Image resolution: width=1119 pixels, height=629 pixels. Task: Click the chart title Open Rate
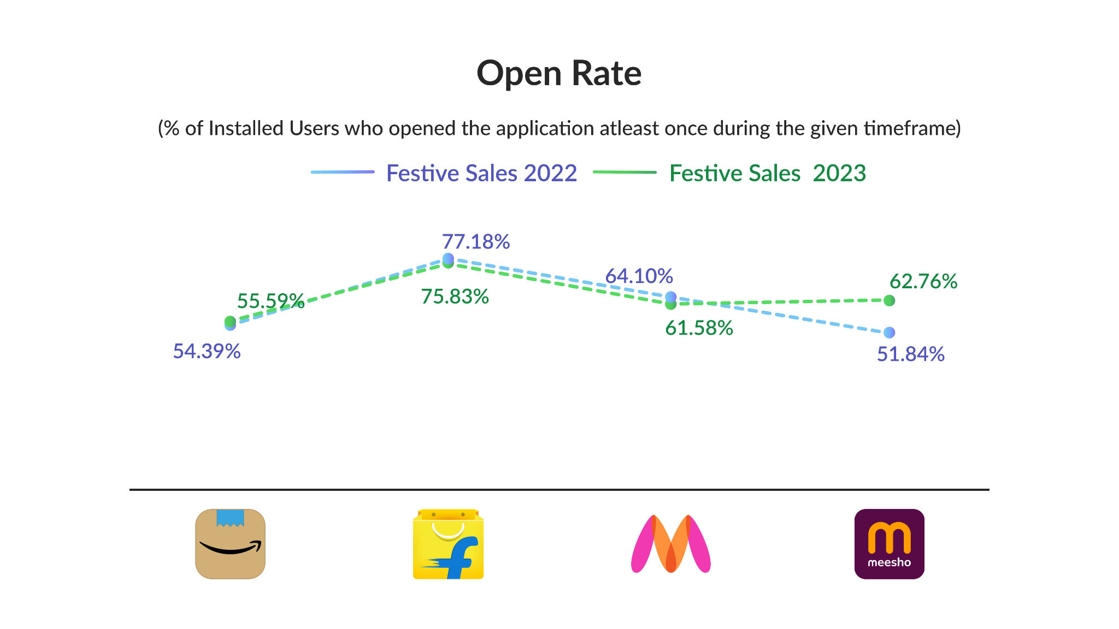click(x=559, y=73)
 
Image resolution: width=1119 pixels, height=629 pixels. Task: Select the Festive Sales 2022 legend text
click(x=481, y=173)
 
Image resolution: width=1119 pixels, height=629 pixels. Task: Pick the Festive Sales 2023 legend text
click(x=767, y=173)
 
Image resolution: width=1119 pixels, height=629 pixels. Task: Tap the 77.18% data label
click(x=475, y=241)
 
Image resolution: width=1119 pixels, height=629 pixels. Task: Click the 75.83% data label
click(x=455, y=296)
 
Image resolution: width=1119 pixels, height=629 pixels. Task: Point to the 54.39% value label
click(x=207, y=351)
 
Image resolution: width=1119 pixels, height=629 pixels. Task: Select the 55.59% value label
click(x=270, y=301)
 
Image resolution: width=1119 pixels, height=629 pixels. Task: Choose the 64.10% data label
click(x=639, y=276)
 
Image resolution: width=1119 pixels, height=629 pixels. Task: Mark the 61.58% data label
click(x=699, y=328)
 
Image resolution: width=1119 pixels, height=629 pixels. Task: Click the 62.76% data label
click(x=923, y=281)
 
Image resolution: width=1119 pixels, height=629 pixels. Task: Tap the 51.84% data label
click(x=911, y=354)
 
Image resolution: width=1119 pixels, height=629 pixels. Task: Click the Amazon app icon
click(x=230, y=544)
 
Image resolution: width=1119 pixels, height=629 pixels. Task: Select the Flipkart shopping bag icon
click(x=448, y=544)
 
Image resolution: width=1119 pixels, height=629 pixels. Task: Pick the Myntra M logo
click(x=670, y=544)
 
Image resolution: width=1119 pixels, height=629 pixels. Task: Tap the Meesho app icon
click(x=889, y=544)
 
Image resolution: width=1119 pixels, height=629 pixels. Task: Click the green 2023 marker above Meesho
click(x=890, y=300)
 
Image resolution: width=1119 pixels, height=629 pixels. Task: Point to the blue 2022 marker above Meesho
click(x=890, y=333)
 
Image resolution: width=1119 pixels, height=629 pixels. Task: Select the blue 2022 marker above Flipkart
click(x=448, y=258)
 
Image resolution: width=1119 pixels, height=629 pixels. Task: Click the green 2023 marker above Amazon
click(x=230, y=321)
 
